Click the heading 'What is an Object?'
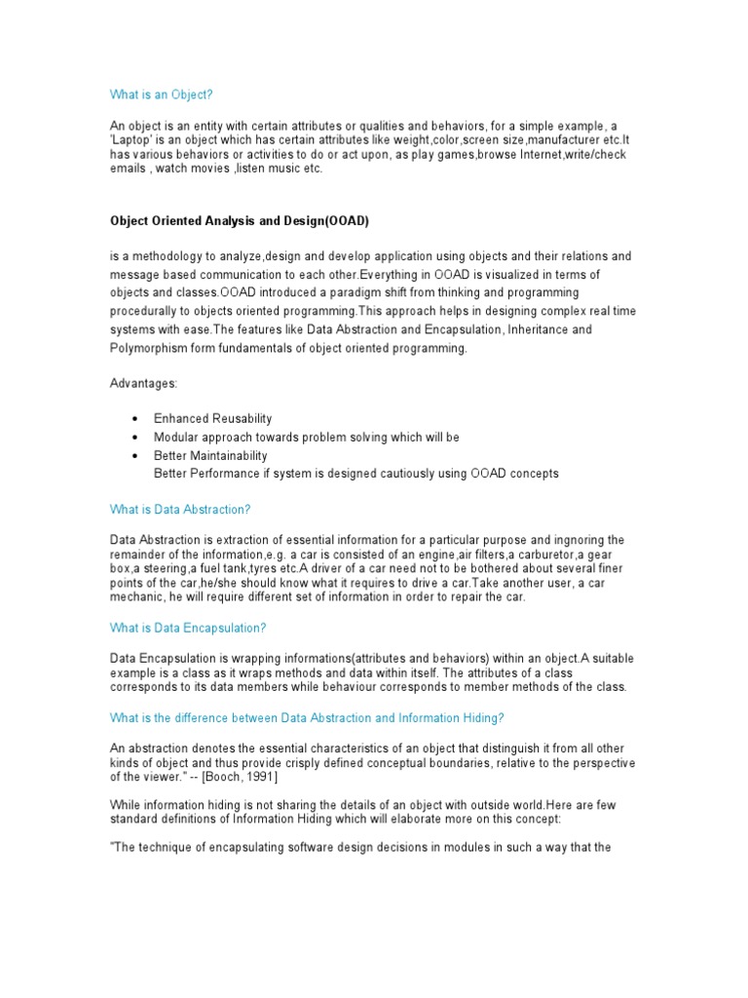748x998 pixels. (161, 95)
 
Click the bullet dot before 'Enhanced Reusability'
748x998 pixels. (133, 419)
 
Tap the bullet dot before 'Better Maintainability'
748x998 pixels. (133, 456)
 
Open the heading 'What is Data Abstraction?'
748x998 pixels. (180, 509)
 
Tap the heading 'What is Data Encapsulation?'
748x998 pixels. (188, 628)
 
